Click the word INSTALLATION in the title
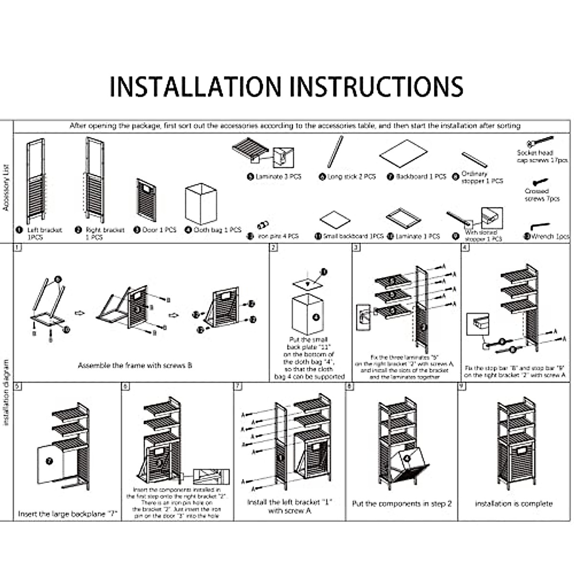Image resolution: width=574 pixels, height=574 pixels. tap(196, 87)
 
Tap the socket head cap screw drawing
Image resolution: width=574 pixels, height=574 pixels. tap(540, 142)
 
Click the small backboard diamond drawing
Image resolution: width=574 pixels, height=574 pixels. tap(335, 220)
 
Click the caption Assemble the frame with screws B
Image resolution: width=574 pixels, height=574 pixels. tap(135, 365)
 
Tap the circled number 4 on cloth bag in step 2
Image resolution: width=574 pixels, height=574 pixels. tap(316, 317)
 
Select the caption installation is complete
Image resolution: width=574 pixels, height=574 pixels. tap(514, 504)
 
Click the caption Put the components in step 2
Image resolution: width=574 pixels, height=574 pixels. tap(402, 504)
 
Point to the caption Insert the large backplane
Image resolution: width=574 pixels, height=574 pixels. tap(67, 514)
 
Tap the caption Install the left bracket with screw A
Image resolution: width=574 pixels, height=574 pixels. tap(289, 507)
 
